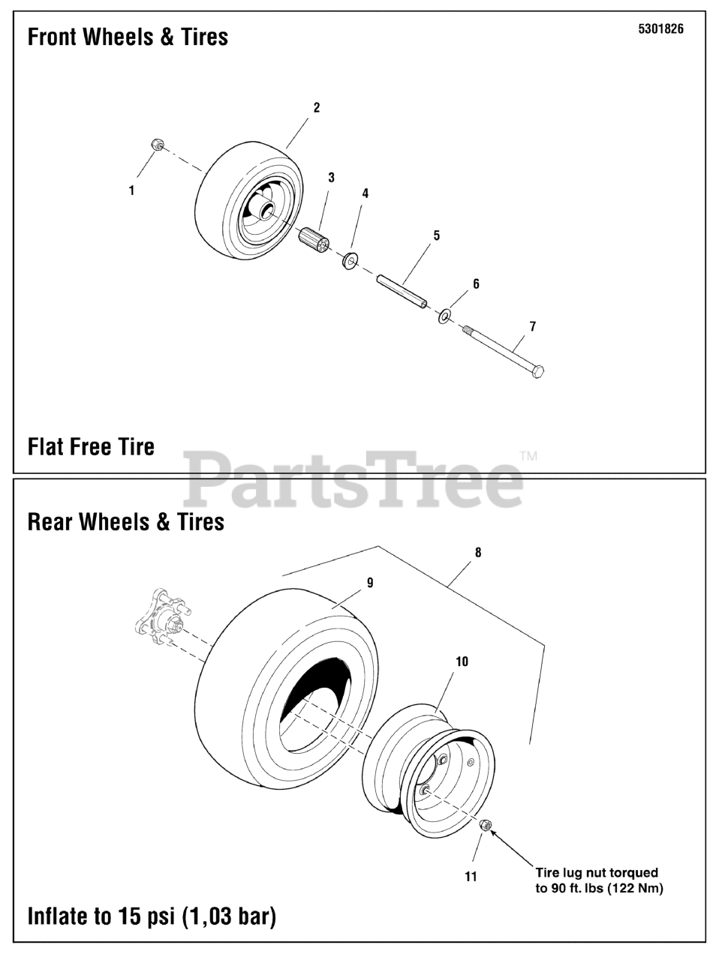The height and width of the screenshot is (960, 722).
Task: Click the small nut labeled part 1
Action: pyautogui.click(x=158, y=144)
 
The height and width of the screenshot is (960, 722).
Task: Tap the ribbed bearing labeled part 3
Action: pyautogui.click(x=315, y=242)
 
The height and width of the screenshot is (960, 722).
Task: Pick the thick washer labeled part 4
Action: pyautogui.click(x=350, y=261)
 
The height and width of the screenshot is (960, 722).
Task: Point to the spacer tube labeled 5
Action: pyautogui.click(x=402, y=291)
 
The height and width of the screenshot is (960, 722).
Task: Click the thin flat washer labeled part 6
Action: pyautogui.click(x=444, y=316)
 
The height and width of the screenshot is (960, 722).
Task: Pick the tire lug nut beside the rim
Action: pyautogui.click(x=485, y=825)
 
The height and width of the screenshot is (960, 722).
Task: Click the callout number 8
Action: pyautogui.click(x=478, y=553)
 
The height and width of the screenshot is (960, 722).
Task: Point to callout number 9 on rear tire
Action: pyautogui.click(x=370, y=583)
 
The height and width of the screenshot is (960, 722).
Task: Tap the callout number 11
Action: pyautogui.click(x=471, y=876)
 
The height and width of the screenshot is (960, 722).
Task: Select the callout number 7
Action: pyautogui.click(x=533, y=326)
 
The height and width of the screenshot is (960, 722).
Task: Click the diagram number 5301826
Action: pyautogui.click(x=660, y=30)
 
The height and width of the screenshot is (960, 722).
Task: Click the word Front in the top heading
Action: pyautogui.click(x=56, y=37)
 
